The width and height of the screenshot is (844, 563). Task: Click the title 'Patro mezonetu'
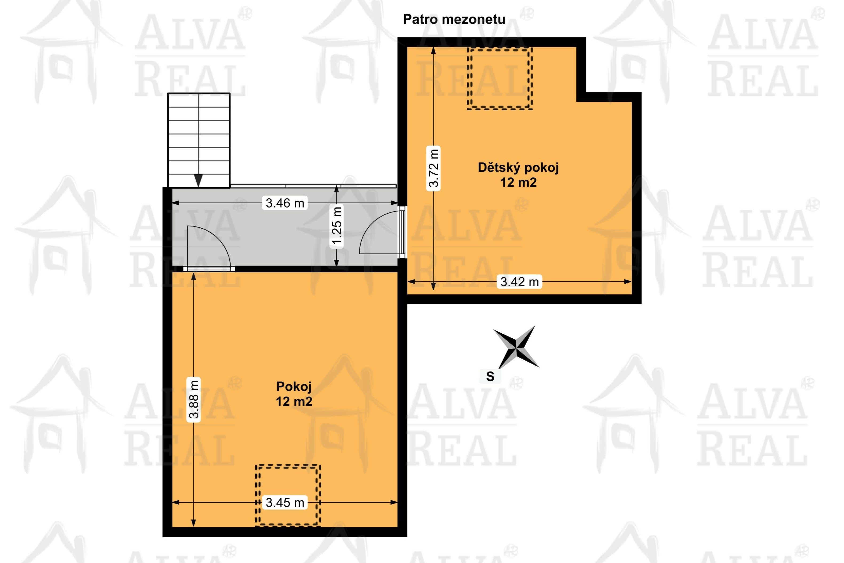tap(454, 19)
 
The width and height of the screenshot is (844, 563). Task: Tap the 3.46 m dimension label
tap(285, 203)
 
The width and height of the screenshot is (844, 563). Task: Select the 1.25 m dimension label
tap(337, 226)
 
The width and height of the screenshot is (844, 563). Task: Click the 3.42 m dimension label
tap(520, 281)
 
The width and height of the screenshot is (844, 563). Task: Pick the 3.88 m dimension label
tap(194, 399)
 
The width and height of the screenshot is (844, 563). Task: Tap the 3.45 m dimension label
tap(285, 502)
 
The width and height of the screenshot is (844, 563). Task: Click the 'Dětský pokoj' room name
tap(518, 168)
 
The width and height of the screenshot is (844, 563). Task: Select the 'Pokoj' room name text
tap(294, 386)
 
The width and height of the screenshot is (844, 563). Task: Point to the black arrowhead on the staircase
tap(198, 180)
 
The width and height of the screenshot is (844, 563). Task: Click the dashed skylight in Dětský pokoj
tap(499, 78)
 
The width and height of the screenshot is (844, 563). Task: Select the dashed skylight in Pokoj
tap(288, 495)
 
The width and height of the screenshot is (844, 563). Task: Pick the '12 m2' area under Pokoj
tap(294, 401)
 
